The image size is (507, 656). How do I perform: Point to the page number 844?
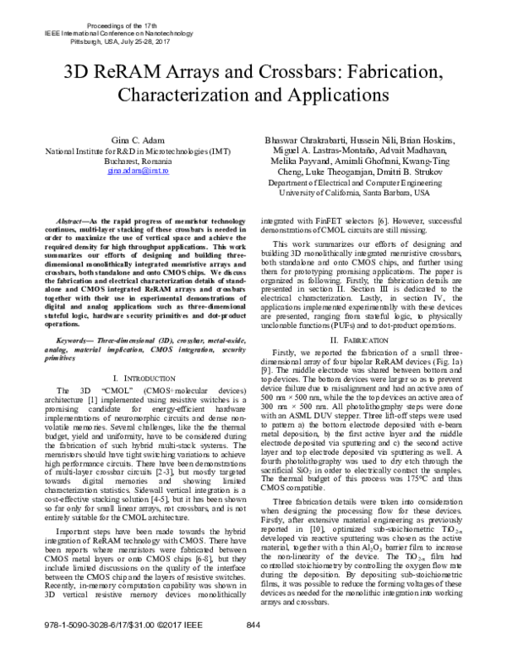[252, 648]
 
